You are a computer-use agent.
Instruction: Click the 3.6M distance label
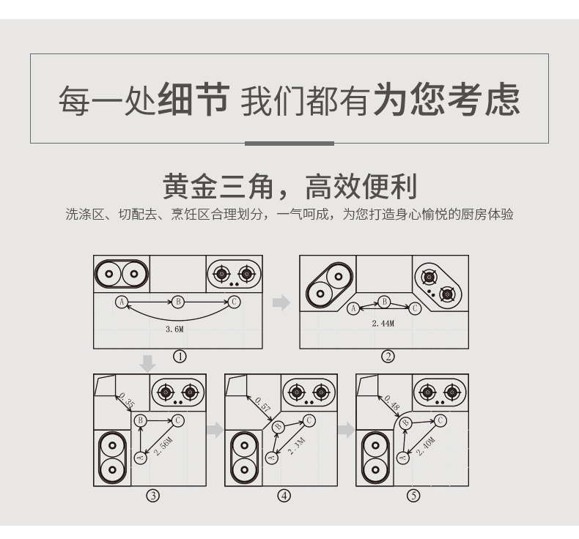(174, 329)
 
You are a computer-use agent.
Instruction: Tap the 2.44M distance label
(383, 324)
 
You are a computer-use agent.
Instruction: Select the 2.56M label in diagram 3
(163, 446)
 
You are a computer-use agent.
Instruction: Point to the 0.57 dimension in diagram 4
(263, 404)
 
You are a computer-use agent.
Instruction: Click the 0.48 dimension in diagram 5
(392, 403)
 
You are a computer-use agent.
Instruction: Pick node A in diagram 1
(122, 302)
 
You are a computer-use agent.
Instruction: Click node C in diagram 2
(415, 308)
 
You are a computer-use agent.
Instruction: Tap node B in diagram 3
(140, 420)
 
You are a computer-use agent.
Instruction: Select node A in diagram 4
(272, 458)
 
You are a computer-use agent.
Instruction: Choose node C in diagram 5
(440, 420)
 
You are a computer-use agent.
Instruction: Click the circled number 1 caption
(180, 357)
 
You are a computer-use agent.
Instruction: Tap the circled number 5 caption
(413, 495)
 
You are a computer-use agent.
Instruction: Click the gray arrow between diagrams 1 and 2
(281, 302)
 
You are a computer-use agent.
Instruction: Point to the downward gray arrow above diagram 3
(148, 364)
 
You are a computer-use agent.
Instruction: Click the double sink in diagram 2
(329, 285)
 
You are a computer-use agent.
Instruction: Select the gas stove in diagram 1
(234, 274)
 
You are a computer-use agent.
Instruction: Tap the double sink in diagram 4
(244, 458)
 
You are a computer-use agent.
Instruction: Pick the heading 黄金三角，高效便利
(289, 186)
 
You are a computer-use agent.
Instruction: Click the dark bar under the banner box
(289, 144)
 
